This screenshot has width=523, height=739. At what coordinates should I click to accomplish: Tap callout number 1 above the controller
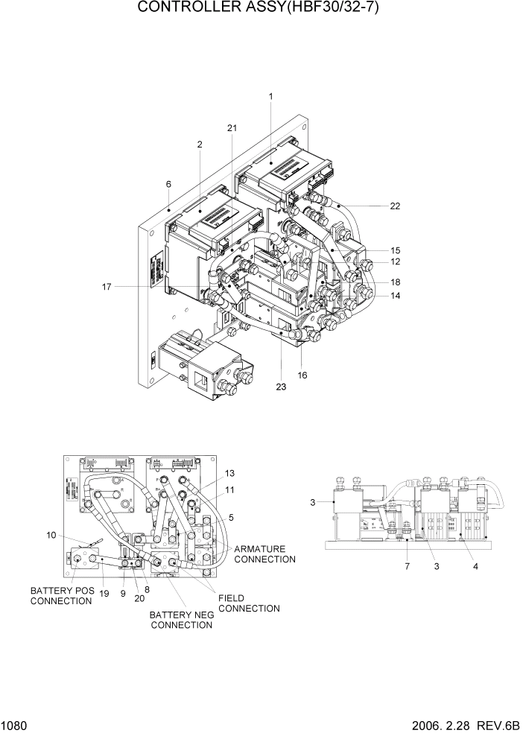click(x=270, y=96)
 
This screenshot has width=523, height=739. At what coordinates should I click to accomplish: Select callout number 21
click(x=232, y=128)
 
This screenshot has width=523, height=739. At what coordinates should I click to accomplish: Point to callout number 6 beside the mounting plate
click(x=168, y=184)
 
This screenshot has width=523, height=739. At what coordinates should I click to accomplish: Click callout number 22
click(x=395, y=206)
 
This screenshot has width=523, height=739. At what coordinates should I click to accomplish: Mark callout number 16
click(x=302, y=375)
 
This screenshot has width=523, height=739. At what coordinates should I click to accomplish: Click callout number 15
click(x=395, y=250)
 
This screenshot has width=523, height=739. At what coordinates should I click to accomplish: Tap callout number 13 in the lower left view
click(x=229, y=473)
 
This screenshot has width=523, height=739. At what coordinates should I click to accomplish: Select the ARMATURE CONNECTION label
click(x=264, y=554)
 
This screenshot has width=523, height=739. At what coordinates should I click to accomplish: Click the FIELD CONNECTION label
click(x=248, y=603)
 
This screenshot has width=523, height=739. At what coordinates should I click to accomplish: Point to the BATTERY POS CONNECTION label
click(x=61, y=596)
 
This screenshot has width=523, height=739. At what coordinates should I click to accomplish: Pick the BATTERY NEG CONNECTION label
click(x=181, y=620)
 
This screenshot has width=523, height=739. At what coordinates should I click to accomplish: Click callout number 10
click(x=51, y=535)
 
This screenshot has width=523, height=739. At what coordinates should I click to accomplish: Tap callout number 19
click(x=103, y=593)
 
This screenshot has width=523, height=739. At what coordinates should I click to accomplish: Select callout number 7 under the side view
click(x=408, y=566)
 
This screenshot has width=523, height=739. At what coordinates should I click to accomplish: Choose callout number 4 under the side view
click(x=475, y=566)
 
